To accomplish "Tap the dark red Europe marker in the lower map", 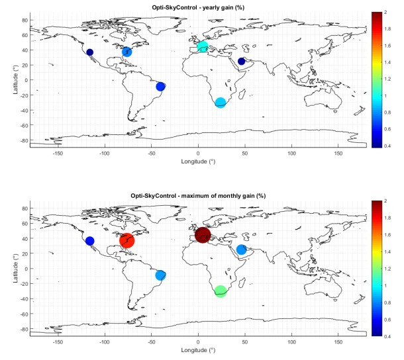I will (203, 235).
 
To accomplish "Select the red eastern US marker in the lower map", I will (127, 240).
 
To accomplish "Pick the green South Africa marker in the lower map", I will (221, 291).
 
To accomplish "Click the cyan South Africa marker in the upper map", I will (221, 103).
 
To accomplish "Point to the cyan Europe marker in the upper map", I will (203, 46).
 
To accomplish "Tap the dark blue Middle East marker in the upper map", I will (242, 62).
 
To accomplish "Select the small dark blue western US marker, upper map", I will (90, 52).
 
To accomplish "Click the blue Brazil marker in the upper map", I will (160, 87).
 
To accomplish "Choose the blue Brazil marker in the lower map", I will (160, 275).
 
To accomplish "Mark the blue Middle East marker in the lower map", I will (242, 249).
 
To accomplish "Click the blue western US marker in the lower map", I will (90, 241).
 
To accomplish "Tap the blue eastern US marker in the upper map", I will (127, 52).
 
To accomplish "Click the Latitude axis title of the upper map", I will (15, 79).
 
